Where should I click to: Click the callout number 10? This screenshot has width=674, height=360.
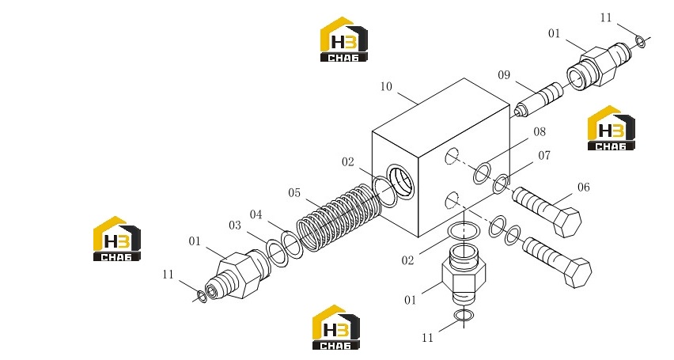point(386,86)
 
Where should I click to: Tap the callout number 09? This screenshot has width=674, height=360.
point(504,75)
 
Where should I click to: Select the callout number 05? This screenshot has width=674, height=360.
point(294,193)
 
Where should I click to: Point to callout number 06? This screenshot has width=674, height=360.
point(583,187)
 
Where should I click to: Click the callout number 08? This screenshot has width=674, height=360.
point(540,131)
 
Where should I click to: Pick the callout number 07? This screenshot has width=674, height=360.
point(544,155)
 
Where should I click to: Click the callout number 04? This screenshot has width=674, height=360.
point(256,214)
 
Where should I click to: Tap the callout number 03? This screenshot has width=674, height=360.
point(235,225)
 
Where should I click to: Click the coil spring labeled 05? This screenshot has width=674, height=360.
point(339,218)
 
